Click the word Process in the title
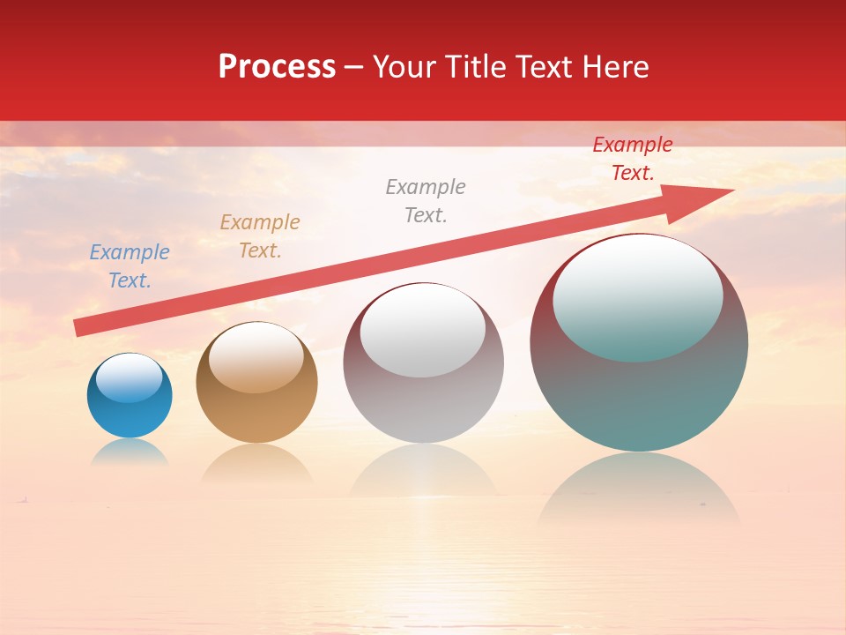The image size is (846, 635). pyautogui.click(x=277, y=67)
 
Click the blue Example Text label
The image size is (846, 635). pyautogui.click(x=130, y=266)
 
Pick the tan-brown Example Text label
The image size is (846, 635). pyautogui.click(x=260, y=236)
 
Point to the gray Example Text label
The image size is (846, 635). pyautogui.click(x=426, y=201)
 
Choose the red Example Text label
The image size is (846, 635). pyautogui.click(x=633, y=159)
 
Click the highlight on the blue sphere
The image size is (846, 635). pyautogui.click(x=130, y=378)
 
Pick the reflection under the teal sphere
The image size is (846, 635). pyautogui.click(x=639, y=489)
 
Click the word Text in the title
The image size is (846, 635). pyautogui.click(x=548, y=67)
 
